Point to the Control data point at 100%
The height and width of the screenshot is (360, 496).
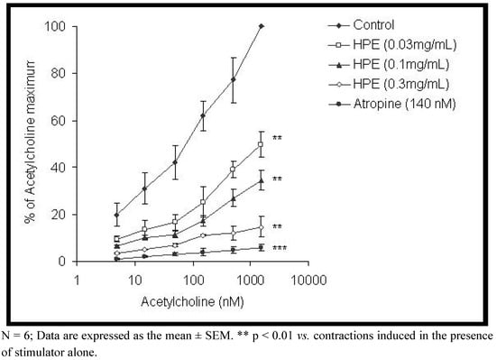coord(261,26)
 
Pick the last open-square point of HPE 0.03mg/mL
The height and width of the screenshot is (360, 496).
coord(261,144)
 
